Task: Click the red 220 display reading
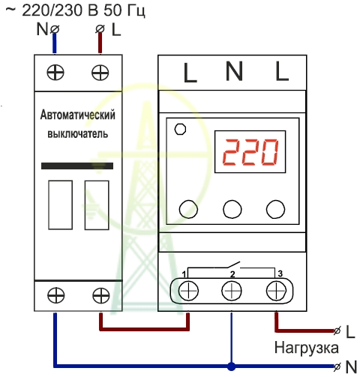(250, 152)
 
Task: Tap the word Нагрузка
(307, 349)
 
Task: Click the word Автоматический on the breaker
(78, 115)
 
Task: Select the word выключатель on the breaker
(78, 134)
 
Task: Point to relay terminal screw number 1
(188, 291)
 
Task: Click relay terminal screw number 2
(232, 291)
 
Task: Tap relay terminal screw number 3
(276, 291)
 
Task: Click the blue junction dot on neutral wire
(232, 367)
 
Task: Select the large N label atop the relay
(234, 71)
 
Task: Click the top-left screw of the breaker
(55, 73)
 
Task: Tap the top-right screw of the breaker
(100, 73)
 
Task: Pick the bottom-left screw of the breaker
(56, 295)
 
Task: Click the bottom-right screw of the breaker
(101, 295)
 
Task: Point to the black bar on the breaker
(77, 166)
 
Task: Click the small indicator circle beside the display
(180, 130)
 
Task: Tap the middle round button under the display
(232, 209)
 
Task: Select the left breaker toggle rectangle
(61, 205)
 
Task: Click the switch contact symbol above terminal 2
(232, 265)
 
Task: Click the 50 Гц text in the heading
(124, 11)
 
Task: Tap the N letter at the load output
(351, 367)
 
